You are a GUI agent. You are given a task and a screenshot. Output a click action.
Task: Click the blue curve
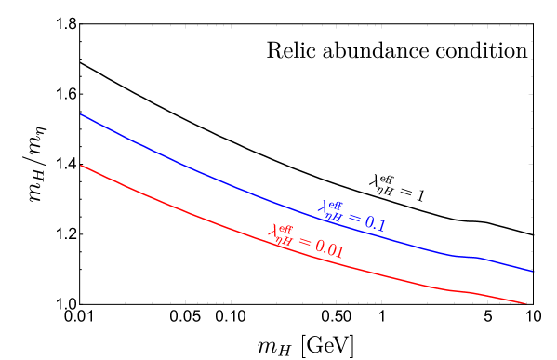tap(186, 166)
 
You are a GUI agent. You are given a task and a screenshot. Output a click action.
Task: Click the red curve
tap(186, 211)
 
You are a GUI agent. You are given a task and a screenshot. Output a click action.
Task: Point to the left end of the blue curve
tap(82, 114)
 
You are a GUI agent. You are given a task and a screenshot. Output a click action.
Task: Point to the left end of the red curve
tap(82, 166)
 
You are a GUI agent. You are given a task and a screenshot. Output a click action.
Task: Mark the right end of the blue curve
tap(534, 272)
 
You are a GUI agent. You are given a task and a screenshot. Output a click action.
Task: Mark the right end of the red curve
tap(526, 303)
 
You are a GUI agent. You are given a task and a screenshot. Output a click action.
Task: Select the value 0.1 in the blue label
tap(374, 223)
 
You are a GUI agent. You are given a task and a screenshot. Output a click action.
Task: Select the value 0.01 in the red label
tap(329, 249)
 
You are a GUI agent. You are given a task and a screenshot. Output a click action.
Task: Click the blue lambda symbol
tap(324, 208)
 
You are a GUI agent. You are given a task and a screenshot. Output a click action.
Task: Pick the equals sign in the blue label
tap(353, 219)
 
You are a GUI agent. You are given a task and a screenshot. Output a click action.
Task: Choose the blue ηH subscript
tap(333, 217)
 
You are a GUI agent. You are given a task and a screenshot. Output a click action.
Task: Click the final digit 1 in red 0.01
tap(340, 252)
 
